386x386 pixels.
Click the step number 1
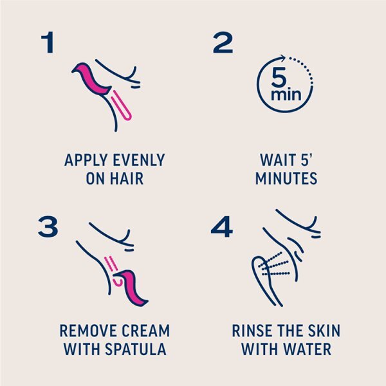pyautogui.click(x=46, y=42)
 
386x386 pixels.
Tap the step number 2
pyautogui.click(x=222, y=42)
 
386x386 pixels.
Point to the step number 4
pyautogui.click(x=223, y=227)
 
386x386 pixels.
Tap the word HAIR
pyautogui.click(x=126, y=179)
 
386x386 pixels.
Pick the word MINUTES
pyautogui.click(x=286, y=179)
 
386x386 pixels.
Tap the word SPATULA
pyautogui.click(x=136, y=351)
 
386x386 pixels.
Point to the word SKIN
pyautogui.click(x=322, y=331)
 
